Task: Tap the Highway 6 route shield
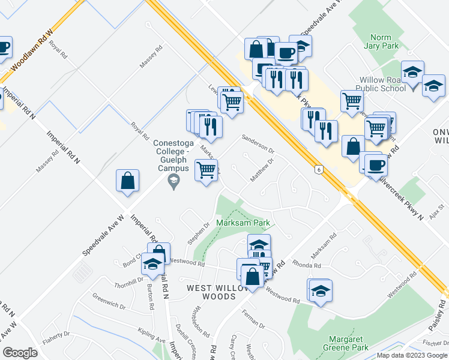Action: (318, 170)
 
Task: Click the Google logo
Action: (20, 353)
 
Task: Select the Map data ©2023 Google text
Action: (412, 355)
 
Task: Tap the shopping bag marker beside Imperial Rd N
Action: (128, 180)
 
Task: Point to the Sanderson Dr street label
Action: (258, 143)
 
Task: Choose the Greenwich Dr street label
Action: (109, 301)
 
